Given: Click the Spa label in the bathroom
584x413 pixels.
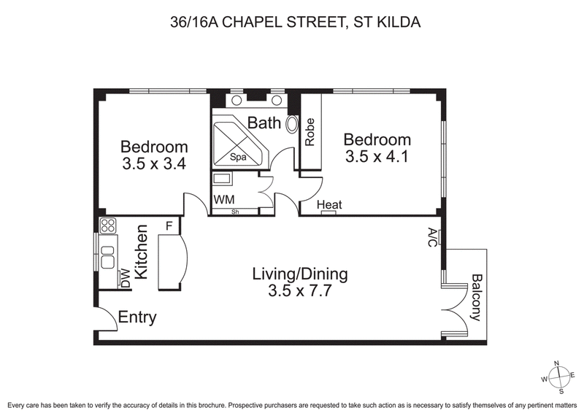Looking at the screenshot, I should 238,157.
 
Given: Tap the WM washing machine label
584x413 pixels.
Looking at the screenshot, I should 223,200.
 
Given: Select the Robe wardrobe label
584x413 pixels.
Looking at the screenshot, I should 310,132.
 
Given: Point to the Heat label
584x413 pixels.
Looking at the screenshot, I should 329,205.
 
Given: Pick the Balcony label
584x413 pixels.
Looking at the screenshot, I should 476,297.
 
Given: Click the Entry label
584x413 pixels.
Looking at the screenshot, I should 137,318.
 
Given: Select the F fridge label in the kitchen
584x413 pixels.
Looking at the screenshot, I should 169,225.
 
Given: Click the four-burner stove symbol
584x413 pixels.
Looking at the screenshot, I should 107,225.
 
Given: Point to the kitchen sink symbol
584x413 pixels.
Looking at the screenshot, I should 107,256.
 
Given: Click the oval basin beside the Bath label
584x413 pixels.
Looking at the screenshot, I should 293,123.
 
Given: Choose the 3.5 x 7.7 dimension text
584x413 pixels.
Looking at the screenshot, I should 300,293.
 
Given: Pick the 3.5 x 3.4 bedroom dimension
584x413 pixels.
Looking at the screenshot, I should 154,163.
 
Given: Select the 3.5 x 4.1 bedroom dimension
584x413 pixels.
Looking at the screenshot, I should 377,156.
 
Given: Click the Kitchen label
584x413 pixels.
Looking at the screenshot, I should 143,252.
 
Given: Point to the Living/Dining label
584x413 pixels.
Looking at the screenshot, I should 300,275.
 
